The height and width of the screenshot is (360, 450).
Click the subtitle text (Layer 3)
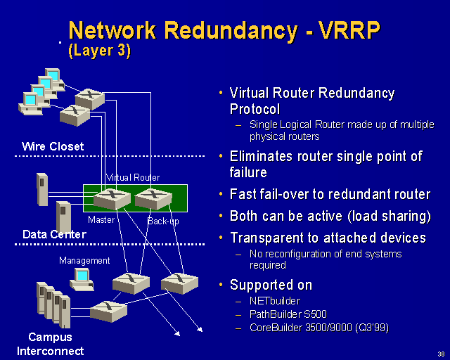(x=99, y=51)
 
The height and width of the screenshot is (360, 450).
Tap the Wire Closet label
(x=53, y=146)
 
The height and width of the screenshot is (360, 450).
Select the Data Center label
(x=54, y=234)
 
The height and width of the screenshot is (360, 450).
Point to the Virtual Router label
(x=133, y=178)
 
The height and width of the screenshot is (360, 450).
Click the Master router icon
(x=112, y=199)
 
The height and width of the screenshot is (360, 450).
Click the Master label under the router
(x=101, y=220)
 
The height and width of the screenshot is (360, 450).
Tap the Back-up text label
(x=163, y=221)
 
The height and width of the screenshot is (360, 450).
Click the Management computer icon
(x=82, y=279)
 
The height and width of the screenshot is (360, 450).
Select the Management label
(x=84, y=261)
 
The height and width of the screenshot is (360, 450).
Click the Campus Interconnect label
(x=50, y=344)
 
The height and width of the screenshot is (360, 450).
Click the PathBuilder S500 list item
(x=288, y=314)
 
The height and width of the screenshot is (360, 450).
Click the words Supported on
(x=271, y=285)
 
